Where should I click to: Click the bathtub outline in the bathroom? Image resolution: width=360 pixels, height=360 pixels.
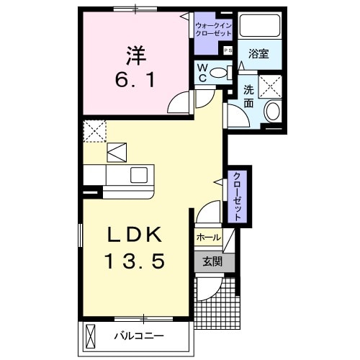(259, 27)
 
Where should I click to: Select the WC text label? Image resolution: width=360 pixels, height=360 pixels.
(204, 73)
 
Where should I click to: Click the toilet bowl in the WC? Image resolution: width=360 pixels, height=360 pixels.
(226, 71)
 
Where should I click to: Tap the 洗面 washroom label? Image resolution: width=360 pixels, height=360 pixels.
(248, 97)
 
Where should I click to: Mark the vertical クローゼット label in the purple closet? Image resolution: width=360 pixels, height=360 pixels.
(235, 196)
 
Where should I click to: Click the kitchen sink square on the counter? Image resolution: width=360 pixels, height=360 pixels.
(139, 175)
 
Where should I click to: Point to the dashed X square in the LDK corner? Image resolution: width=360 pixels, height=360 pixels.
(94, 131)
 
